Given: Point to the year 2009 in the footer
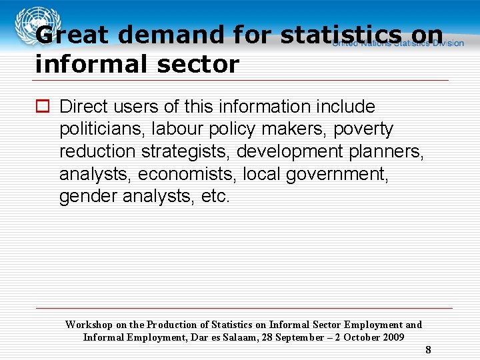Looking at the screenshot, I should tap(393, 337).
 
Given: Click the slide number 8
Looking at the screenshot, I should tap(428, 349).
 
